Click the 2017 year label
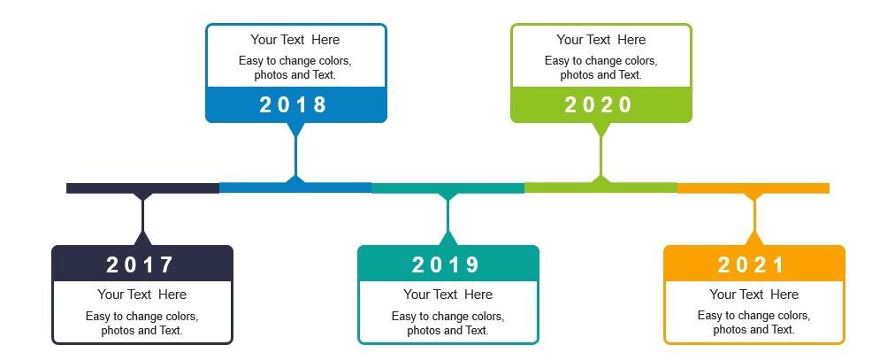(x=140, y=264)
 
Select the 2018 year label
(x=294, y=105)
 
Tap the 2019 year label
(x=446, y=264)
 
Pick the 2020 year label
(x=599, y=105)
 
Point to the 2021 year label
(x=752, y=264)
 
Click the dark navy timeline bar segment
(x=142, y=188)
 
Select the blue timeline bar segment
(x=295, y=188)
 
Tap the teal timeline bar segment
(x=448, y=188)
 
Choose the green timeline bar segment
(x=601, y=188)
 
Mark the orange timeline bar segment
(x=753, y=188)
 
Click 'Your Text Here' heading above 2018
(x=295, y=40)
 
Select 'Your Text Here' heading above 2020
(x=601, y=40)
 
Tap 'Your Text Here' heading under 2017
(x=142, y=295)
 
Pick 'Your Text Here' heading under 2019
(x=448, y=295)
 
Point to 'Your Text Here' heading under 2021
(x=754, y=295)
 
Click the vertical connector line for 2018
(x=295, y=156)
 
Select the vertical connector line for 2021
(x=754, y=216)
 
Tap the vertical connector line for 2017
(x=142, y=216)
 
